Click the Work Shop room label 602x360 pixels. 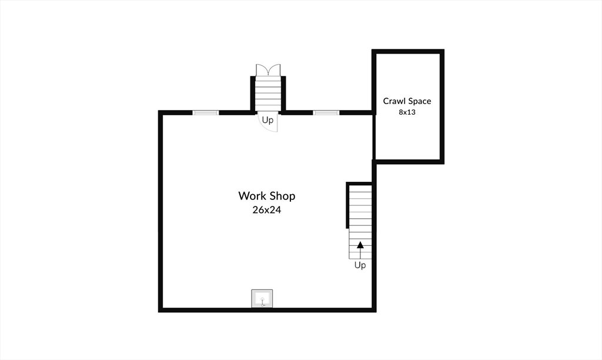point(267,196)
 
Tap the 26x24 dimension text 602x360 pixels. point(267,210)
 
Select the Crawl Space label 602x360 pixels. point(407,101)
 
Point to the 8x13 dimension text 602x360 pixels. point(407,112)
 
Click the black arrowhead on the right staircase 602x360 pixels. point(360,245)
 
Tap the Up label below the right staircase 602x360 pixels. point(360,265)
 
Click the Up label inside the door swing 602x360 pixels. point(267,120)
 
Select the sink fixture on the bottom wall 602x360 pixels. point(262,298)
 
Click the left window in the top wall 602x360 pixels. point(205,112)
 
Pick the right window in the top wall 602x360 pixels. point(326,112)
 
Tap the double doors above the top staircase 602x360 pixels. point(268,70)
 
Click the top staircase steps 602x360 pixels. point(268,93)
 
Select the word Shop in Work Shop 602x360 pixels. point(282,196)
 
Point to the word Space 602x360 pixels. point(420,101)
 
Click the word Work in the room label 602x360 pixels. point(252,196)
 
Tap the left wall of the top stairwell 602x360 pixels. point(253,95)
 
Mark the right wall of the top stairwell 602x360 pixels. point(284,95)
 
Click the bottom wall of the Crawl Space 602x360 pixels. point(408,162)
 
